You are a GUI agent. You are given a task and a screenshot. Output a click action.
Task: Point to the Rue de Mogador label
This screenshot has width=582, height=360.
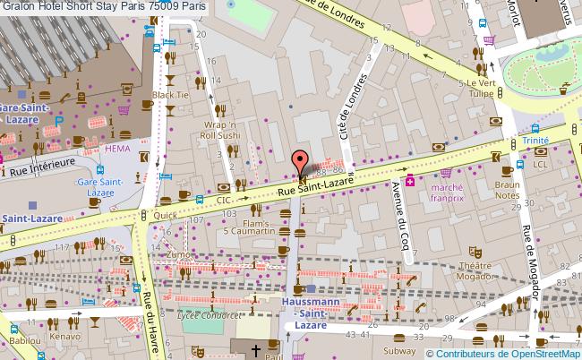coord(525,250)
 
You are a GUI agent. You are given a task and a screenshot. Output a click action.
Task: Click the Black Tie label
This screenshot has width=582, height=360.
coord(169,94)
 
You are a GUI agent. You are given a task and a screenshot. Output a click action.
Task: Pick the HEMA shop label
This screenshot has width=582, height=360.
coord(117,148)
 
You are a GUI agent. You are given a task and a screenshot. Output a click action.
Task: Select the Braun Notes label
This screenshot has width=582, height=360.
coord(508,189)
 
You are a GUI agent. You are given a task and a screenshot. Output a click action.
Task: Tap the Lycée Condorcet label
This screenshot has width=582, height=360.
coord(210,315)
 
